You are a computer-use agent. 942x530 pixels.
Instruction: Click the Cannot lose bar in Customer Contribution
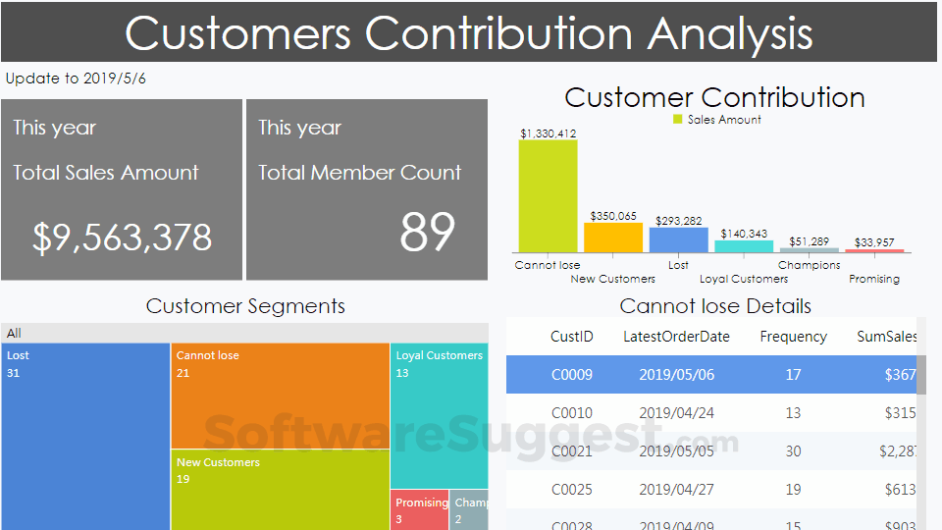[x=548, y=196]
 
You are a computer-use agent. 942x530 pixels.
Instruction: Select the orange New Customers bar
[x=612, y=238]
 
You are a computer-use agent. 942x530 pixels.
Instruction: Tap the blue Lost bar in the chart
[x=678, y=239]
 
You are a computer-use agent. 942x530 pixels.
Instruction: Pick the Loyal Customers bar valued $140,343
[x=744, y=246]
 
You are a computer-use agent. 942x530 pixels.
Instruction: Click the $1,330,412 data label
[x=548, y=133]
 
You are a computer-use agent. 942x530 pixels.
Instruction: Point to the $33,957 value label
[x=874, y=242]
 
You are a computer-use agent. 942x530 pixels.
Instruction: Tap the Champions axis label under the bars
[x=809, y=265]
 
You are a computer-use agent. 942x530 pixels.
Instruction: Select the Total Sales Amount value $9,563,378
[x=122, y=238]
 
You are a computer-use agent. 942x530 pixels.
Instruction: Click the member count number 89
[x=427, y=233]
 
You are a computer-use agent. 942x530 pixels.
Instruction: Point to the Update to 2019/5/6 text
[x=76, y=79]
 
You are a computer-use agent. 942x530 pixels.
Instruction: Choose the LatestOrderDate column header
[x=676, y=337]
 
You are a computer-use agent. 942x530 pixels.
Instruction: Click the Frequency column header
[x=793, y=337]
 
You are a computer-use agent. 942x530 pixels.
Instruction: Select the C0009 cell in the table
[x=571, y=374]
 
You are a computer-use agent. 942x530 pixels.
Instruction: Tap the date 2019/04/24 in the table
[x=676, y=412]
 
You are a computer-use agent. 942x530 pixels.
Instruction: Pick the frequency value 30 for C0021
[x=793, y=450]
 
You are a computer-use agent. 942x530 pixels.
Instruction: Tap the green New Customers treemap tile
[x=280, y=491]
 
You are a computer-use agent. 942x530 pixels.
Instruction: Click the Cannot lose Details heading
[x=715, y=306]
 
